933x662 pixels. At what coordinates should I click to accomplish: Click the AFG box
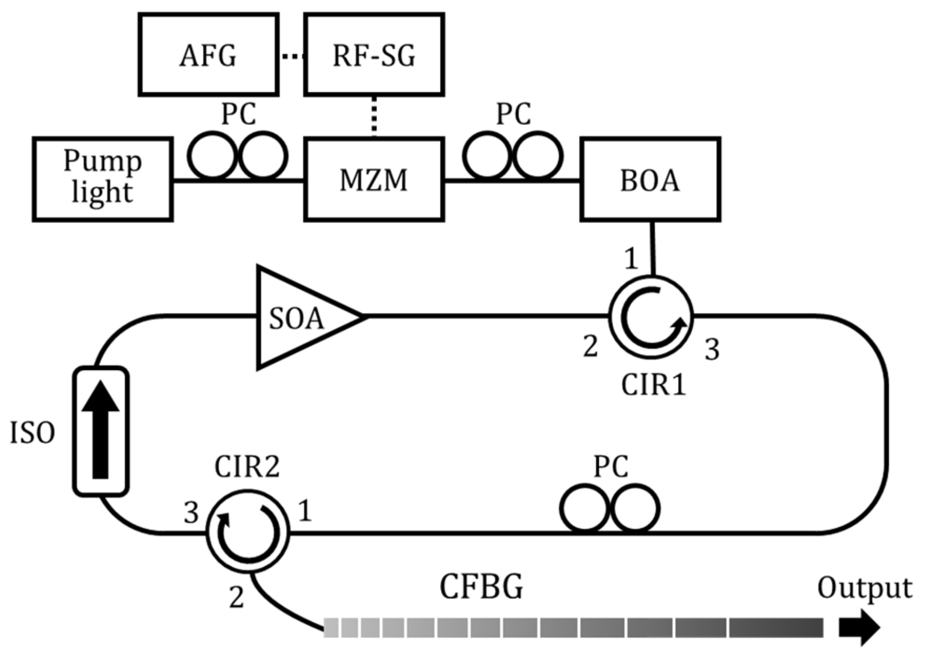coord(208,55)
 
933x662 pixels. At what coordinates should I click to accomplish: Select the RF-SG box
coord(374,55)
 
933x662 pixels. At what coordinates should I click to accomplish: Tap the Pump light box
coord(103,179)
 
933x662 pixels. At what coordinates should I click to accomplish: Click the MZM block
coord(374,179)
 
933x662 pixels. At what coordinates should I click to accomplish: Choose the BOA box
coord(650,179)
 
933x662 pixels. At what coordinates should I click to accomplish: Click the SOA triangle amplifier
coord(298,317)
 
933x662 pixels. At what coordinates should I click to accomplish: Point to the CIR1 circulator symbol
coord(651,317)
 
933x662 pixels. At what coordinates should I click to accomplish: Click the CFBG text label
coord(481,587)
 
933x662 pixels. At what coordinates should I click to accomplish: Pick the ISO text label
coord(33,433)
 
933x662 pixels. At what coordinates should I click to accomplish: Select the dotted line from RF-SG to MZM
coord(374,117)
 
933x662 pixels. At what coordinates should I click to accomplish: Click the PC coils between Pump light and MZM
coord(238,156)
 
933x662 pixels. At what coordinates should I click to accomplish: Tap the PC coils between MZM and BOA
coord(513,156)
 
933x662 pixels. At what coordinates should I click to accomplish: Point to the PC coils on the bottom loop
coord(610,509)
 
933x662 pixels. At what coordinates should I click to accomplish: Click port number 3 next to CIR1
coord(712,350)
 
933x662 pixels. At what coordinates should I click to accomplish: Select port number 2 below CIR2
coord(236,598)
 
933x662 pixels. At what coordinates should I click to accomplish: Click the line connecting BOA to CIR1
coord(652,248)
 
